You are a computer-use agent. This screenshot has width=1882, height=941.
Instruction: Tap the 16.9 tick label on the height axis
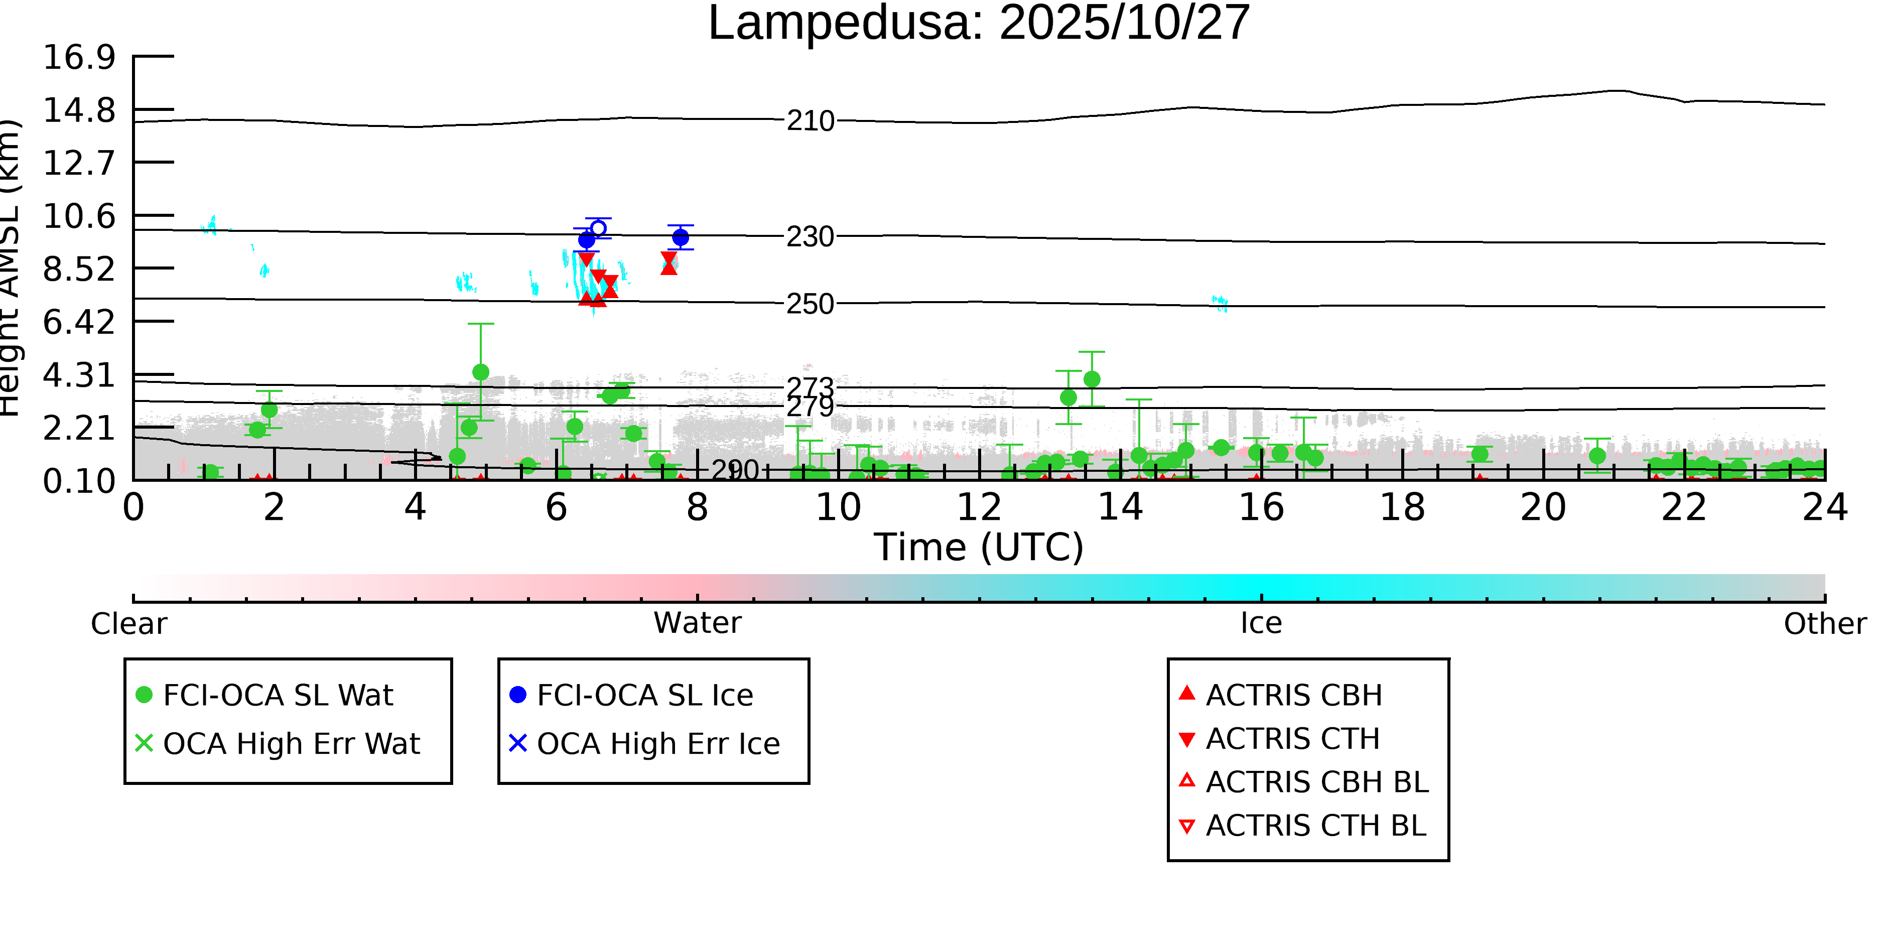pyautogui.click(x=79, y=57)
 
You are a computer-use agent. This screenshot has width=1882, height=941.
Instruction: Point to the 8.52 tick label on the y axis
pyautogui.click(x=79, y=270)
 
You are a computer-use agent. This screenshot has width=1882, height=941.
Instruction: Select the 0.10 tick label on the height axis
pyautogui.click(x=79, y=481)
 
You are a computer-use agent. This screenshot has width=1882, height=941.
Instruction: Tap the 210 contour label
pyautogui.click(x=810, y=120)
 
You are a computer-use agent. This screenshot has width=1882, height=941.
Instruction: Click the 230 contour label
pyautogui.click(x=810, y=237)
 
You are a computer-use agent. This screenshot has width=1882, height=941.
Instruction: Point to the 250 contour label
pyautogui.click(x=810, y=304)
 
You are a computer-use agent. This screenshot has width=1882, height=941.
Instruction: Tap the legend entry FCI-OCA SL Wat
pyautogui.click(x=278, y=695)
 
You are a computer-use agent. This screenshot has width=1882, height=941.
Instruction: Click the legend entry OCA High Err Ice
pyautogui.click(x=657, y=744)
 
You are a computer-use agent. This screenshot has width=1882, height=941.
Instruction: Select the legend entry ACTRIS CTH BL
pyautogui.click(x=1315, y=826)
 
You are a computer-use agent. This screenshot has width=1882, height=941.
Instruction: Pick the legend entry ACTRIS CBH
pyautogui.click(x=1293, y=695)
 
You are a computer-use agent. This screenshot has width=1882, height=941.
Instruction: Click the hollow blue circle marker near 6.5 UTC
pyautogui.click(x=598, y=228)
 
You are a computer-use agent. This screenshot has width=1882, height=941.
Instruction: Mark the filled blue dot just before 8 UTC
pyautogui.click(x=680, y=237)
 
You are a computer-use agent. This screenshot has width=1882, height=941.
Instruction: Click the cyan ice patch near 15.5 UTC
pyautogui.click(x=1220, y=303)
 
